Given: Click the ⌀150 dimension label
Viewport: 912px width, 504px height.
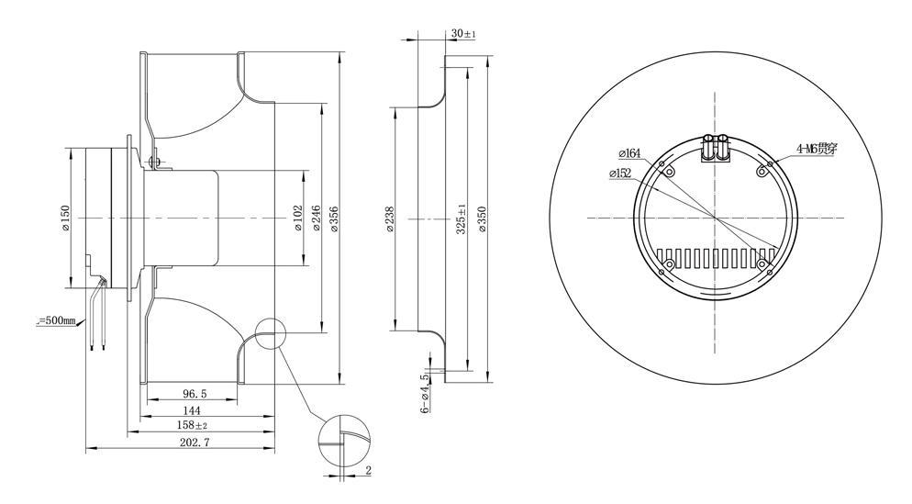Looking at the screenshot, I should (65, 218).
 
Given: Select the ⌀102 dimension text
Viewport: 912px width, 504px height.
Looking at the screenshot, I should (297, 218).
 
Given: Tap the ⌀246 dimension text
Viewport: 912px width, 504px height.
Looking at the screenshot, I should (316, 218).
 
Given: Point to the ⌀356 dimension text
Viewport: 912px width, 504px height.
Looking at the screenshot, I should (334, 218).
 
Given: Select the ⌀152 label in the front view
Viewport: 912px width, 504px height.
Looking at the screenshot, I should (620, 173).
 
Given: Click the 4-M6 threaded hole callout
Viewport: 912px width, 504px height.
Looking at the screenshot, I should (816, 147).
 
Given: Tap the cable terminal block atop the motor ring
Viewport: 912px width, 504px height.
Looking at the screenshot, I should (714, 148).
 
